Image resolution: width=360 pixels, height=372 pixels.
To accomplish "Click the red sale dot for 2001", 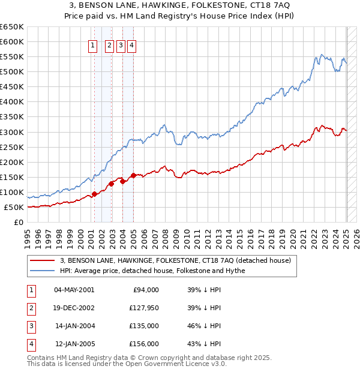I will tap(94, 194).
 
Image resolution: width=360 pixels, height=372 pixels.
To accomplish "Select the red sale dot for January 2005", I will tap(133, 175).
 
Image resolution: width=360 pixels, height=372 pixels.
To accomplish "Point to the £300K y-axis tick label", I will tap(12, 132).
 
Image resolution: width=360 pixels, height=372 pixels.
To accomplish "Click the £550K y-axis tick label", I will tap(12, 57).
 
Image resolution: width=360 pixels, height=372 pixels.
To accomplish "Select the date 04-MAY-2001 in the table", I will tap(74, 290).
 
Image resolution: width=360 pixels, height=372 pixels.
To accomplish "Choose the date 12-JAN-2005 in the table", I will tap(74, 344).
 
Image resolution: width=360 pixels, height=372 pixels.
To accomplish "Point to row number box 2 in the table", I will tap(31, 308).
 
